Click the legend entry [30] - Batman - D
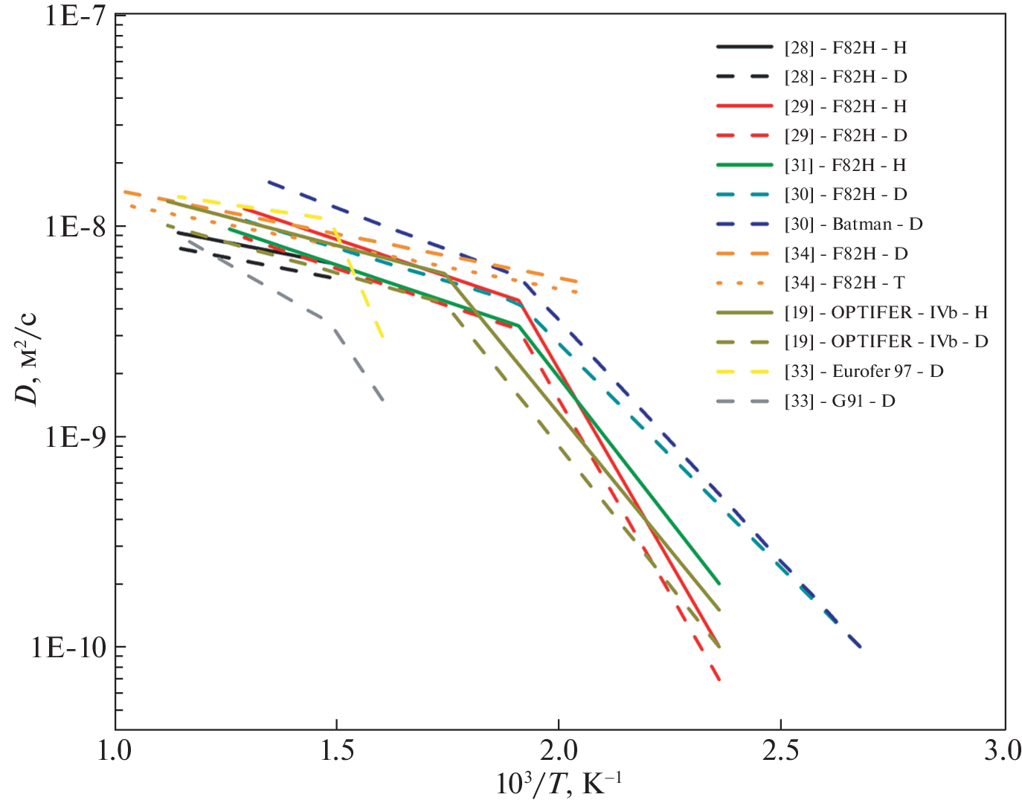click(853, 224)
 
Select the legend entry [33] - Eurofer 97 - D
click(864, 371)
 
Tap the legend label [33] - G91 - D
click(840, 401)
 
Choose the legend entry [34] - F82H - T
click(844, 283)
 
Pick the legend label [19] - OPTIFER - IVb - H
click(886, 312)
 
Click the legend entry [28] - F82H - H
click(845, 48)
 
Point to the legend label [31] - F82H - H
click(845, 165)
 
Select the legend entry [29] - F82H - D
click(845, 135)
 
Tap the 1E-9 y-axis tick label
click(75, 436)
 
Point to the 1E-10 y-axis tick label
click(68, 648)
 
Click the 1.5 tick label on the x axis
click(336, 751)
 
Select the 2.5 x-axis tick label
click(781, 751)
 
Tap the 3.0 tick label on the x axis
click(1003, 751)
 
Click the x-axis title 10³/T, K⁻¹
click(559, 784)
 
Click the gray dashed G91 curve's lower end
click(383, 401)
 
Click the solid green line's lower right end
click(719, 584)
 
